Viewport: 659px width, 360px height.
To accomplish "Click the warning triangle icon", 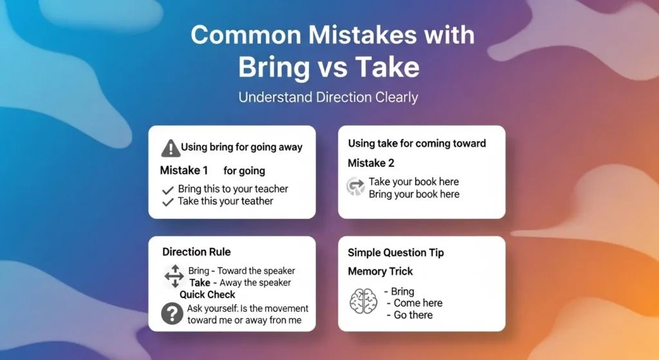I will tap(170, 148).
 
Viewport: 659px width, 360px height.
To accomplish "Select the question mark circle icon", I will tap(171, 314).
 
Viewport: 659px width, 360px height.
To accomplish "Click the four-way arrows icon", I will tap(174, 276).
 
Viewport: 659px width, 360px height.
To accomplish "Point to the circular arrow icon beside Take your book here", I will tap(356, 187).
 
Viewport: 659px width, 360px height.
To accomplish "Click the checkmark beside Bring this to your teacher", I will tap(169, 190).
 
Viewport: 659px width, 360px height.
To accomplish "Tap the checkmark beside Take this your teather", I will tap(169, 202).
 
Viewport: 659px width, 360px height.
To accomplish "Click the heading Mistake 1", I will tap(184, 171).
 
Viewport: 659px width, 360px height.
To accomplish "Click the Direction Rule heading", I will tap(196, 252).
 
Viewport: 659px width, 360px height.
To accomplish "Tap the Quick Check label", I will tap(207, 294).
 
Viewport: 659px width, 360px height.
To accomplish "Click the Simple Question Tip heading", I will tap(395, 253).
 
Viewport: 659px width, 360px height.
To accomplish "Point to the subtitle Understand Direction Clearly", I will tap(328, 98).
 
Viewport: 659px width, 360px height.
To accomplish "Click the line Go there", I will tap(413, 315).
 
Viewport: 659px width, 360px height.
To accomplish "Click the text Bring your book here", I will tap(414, 194).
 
